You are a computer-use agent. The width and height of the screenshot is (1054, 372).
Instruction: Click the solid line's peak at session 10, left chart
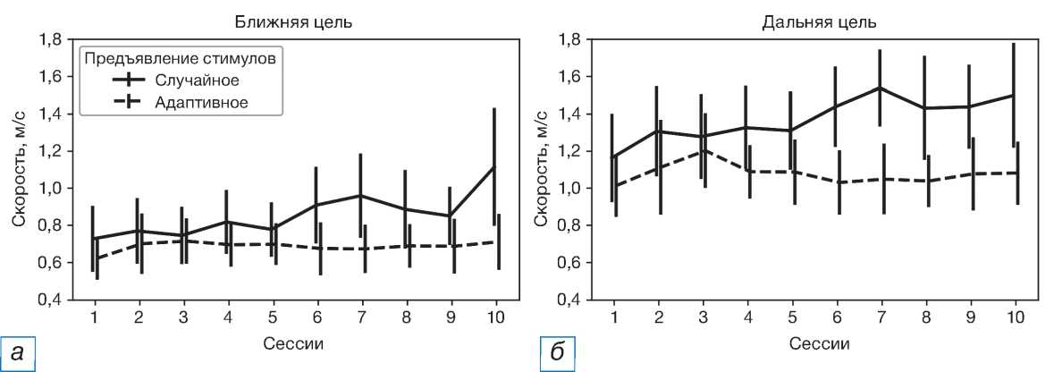point(493,166)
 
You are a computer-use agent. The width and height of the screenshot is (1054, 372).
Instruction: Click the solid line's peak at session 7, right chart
point(881,88)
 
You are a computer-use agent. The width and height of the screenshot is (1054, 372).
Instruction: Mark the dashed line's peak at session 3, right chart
point(704,150)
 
